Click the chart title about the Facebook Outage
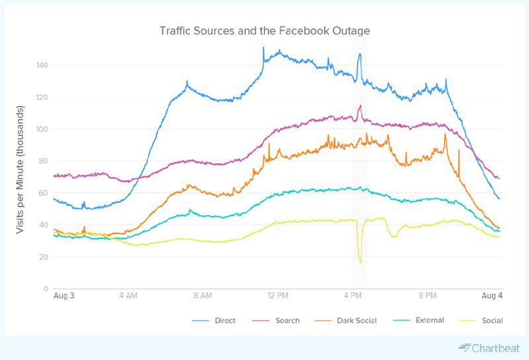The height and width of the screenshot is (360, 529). pos(264,31)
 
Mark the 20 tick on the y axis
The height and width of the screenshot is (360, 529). pos(44,257)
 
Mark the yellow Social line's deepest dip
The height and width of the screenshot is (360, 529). pos(360,262)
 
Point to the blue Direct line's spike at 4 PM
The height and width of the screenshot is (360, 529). pos(360,54)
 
